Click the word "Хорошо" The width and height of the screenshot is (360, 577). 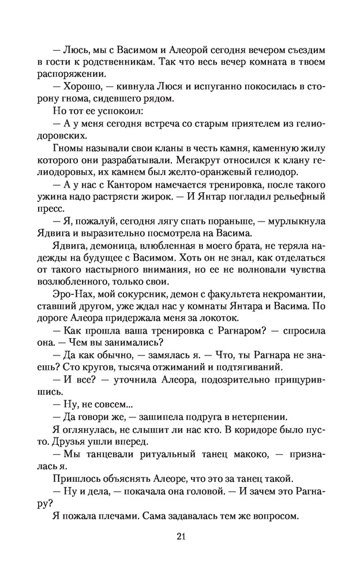point(82,87)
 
